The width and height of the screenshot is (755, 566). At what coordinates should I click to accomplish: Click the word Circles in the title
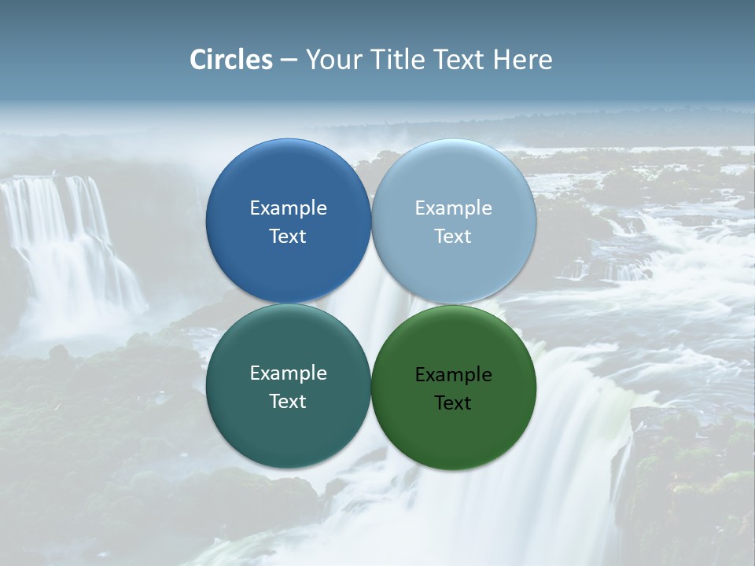click(231, 60)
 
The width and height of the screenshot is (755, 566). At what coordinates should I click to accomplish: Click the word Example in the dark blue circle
click(288, 208)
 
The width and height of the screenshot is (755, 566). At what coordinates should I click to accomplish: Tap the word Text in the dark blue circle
click(288, 237)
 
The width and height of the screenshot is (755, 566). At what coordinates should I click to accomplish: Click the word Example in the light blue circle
click(454, 208)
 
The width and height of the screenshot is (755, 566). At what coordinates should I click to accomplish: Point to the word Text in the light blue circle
click(454, 237)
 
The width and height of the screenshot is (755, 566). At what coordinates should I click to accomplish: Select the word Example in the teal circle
click(288, 373)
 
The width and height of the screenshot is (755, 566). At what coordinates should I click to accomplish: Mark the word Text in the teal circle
click(288, 402)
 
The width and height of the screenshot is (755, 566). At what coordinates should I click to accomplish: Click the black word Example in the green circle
click(454, 375)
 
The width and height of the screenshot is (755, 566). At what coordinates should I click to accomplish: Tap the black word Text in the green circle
click(454, 403)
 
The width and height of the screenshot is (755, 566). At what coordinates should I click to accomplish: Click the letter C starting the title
click(198, 60)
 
